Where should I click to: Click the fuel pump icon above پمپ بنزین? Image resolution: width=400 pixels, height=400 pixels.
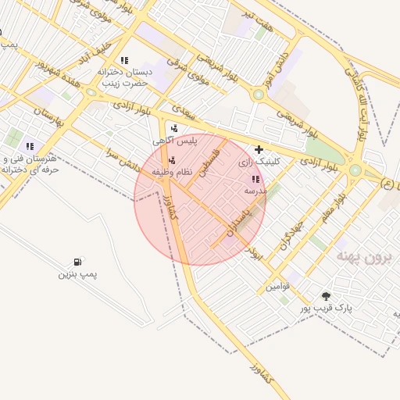point(77,262)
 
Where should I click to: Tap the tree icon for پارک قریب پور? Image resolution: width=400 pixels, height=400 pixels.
point(325,296)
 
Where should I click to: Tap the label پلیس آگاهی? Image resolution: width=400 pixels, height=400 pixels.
point(173,141)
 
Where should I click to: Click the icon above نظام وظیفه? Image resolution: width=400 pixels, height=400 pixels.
point(172,159)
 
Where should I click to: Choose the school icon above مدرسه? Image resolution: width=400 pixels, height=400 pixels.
point(255,179)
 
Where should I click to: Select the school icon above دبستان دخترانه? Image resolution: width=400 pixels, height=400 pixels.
point(123,60)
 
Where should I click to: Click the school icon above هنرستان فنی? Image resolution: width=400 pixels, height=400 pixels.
point(30,145)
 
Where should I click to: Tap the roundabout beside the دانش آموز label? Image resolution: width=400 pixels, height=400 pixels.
point(258,95)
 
